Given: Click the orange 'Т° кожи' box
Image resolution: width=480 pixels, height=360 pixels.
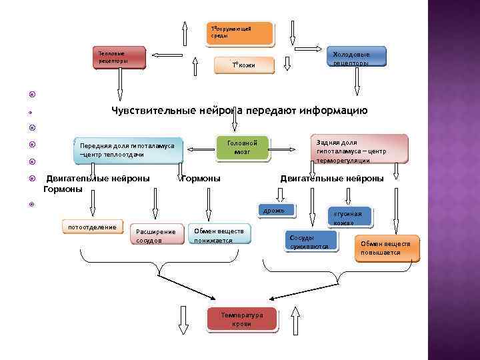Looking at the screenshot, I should (x=243, y=65).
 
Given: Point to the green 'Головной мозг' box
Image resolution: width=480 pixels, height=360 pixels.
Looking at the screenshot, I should (x=242, y=147).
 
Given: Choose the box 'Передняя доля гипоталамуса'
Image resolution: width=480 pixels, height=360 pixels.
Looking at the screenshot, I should (x=127, y=151).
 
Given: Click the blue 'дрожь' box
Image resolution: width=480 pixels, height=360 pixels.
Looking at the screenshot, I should (x=274, y=210).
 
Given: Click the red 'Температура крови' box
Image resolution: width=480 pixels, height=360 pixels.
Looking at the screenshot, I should (x=241, y=319).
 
